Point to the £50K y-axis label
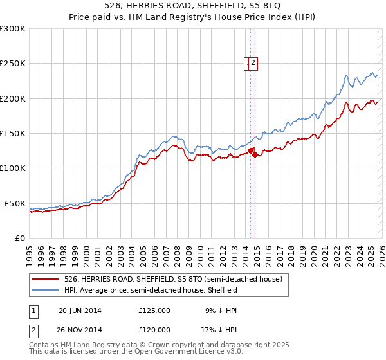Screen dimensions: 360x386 [x=15, y=203]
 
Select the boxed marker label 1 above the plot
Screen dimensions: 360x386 [x=248, y=63]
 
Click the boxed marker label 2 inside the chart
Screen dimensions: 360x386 [x=254, y=63]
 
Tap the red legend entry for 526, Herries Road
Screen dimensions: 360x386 [x=172, y=279]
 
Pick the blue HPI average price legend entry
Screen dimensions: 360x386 [x=151, y=290]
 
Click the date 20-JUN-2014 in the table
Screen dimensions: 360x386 [x=80, y=310]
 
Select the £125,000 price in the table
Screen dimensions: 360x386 [x=154, y=310]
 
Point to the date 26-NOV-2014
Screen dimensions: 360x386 [x=80, y=329]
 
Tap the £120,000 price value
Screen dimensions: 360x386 [x=154, y=329]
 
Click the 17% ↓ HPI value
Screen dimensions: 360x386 [x=219, y=329]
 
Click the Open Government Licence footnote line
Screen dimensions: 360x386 [x=136, y=352]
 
